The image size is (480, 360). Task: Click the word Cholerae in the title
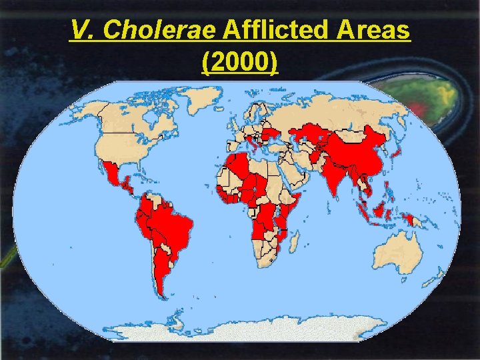click(x=154, y=31)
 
